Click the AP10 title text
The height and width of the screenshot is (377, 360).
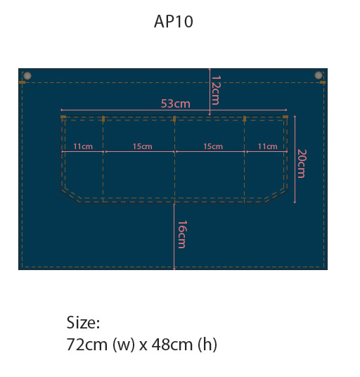(x=173, y=21)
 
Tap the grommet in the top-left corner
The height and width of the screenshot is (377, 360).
(x=27, y=76)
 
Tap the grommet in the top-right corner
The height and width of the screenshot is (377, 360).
(x=319, y=75)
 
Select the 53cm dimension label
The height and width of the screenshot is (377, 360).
(x=176, y=103)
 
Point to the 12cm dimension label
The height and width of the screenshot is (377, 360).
(x=215, y=91)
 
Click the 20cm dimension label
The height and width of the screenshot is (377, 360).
(x=302, y=163)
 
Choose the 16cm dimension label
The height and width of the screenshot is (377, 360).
(x=182, y=234)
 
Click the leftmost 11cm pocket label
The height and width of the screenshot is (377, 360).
(x=83, y=146)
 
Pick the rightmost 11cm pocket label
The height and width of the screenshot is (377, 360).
(x=267, y=146)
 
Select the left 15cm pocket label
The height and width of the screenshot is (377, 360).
(x=142, y=146)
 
